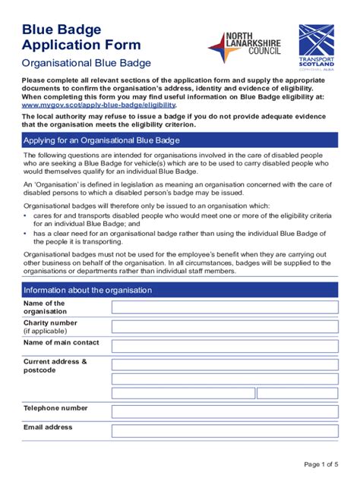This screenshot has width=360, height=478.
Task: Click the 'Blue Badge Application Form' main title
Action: (70, 37)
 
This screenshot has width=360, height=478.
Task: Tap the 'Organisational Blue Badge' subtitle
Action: (86, 63)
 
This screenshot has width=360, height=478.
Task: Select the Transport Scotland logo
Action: (316, 46)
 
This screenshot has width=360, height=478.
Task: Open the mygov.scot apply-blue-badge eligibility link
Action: (99, 105)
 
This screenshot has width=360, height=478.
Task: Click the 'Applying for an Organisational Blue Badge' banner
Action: (180, 142)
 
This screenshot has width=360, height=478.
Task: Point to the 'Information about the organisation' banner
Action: (180, 290)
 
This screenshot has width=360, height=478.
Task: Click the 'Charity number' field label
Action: (50, 322)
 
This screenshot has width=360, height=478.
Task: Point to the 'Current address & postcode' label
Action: (55, 366)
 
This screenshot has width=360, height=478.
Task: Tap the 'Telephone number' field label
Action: (55, 407)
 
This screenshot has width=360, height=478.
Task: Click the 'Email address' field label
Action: (48, 427)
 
